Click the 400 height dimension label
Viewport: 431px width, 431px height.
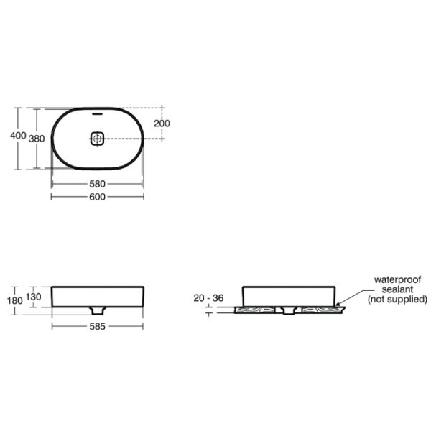pyautogui.click(x=18, y=136)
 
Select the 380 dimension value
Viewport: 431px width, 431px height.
pyautogui.click(x=37, y=139)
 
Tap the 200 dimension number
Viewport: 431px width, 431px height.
pyautogui.click(x=162, y=124)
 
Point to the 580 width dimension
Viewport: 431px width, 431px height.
pyautogui.click(x=97, y=184)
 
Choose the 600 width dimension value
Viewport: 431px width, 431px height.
pyautogui.click(x=97, y=197)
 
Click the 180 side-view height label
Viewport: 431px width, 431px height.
pyautogui.click(x=15, y=300)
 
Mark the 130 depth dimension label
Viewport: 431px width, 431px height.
pyautogui.click(x=33, y=297)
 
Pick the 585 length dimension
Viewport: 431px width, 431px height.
pyautogui.click(x=97, y=327)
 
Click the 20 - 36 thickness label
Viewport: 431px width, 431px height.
pyautogui.click(x=208, y=297)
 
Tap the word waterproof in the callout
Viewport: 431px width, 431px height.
pyautogui.click(x=397, y=280)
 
